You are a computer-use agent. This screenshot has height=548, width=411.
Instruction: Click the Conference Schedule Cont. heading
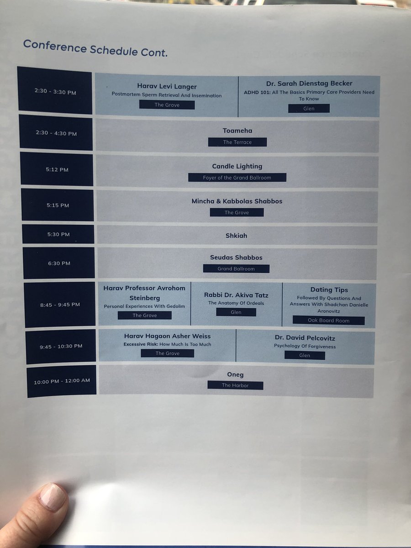coord(95,47)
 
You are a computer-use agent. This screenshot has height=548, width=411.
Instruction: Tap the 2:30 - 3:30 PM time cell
coord(55,91)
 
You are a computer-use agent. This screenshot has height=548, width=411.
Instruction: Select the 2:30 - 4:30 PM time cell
coord(56,133)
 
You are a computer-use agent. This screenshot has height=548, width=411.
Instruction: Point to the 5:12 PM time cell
coord(57,169)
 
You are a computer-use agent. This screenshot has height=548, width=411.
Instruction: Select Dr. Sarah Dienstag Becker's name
coord(309,84)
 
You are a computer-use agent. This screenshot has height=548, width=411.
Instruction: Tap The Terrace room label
coord(237,142)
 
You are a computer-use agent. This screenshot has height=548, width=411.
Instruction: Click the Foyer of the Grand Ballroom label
coord(237,178)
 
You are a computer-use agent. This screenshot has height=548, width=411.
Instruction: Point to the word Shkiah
coord(236,236)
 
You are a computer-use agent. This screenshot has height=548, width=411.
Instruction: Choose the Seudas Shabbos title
coord(236,258)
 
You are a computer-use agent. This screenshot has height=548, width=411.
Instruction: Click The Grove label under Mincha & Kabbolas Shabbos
coord(237,212)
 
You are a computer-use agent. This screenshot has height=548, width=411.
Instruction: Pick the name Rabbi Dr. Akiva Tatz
coord(236,295)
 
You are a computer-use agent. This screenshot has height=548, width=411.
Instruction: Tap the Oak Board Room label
coord(328,321)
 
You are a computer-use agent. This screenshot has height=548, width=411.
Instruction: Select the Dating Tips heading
coord(329,290)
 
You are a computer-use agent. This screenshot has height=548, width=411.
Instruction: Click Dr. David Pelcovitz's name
coord(305,338)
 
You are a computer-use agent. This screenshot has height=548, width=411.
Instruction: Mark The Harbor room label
coord(235,385)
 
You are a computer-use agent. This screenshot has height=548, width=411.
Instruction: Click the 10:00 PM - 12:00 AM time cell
coord(62,381)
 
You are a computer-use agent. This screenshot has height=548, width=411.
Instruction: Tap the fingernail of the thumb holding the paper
coord(52,496)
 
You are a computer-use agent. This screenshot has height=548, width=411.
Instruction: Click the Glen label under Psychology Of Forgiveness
coord(305,355)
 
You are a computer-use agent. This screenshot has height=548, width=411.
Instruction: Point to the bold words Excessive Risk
coord(141,344)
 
